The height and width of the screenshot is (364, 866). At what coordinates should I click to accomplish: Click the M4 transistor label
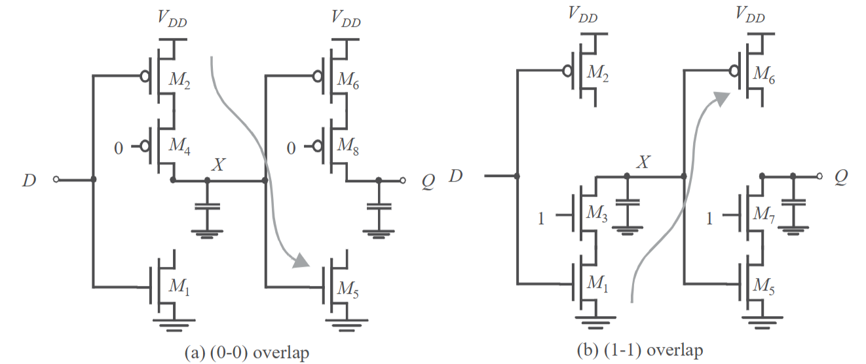click(179, 146)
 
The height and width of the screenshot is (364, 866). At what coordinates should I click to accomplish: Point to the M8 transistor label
click(348, 146)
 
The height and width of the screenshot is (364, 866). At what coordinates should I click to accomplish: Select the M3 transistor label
click(597, 213)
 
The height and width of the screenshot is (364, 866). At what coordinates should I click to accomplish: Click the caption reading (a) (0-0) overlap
click(247, 353)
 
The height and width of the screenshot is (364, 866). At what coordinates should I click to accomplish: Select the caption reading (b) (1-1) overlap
click(640, 350)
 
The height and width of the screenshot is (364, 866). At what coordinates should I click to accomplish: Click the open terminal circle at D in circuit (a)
click(56, 180)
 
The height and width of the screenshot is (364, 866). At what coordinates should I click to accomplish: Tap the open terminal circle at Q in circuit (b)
click(819, 176)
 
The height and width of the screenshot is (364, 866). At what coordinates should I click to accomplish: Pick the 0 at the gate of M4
click(119, 148)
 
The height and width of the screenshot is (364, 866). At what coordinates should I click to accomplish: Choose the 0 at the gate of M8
click(291, 148)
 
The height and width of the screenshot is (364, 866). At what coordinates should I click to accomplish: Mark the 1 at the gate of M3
click(541, 219)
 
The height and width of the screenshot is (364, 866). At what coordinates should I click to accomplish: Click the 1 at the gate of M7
click(709, 219)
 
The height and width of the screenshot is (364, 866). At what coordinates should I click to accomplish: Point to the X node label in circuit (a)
click(218, 165)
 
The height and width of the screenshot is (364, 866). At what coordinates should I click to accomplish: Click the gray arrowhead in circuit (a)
click(301, 260)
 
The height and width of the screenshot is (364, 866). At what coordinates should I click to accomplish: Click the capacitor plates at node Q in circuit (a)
click(379, 207)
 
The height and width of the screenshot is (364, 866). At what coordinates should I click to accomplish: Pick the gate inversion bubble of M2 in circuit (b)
click(568, 71)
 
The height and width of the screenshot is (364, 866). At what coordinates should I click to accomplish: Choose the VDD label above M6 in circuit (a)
click(346, 18)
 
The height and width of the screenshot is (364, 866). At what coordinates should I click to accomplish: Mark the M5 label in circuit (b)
click(764, 286)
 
